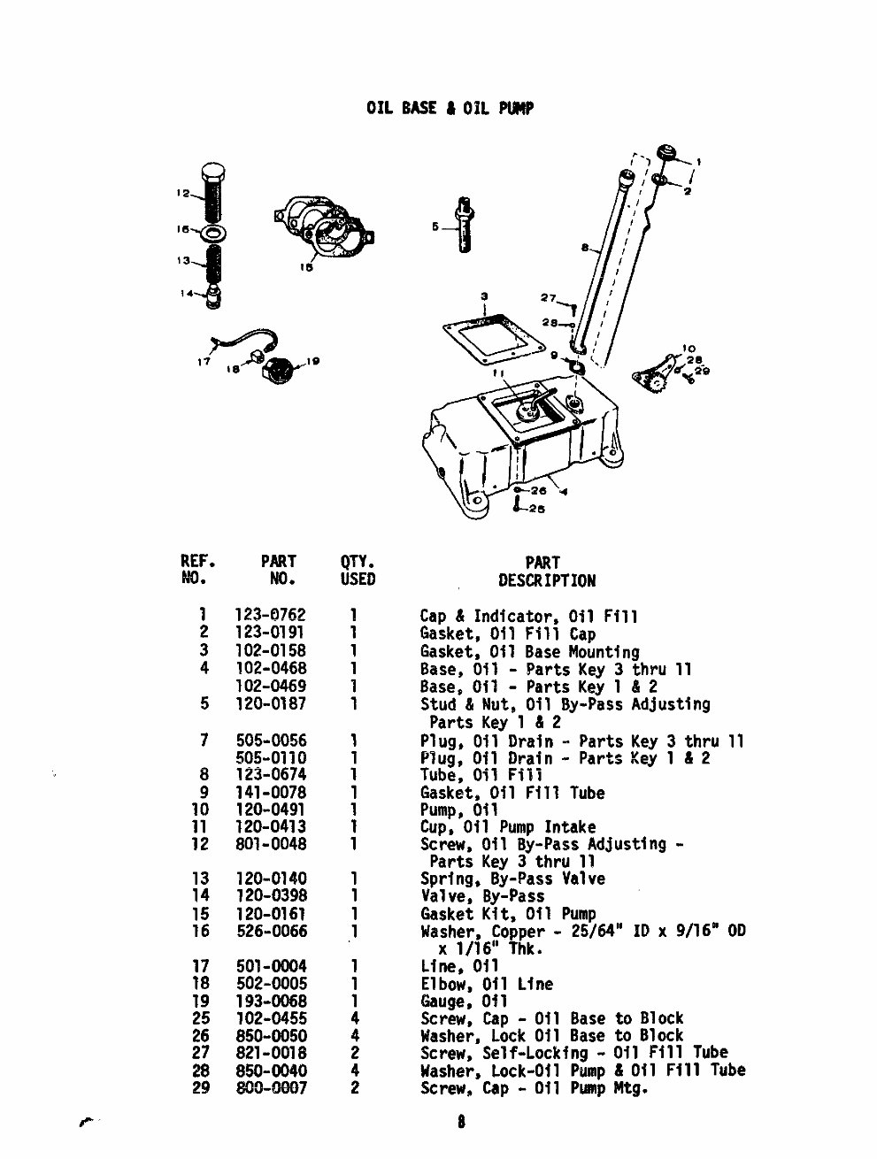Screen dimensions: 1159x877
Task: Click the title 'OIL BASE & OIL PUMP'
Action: pyautogui.click(x=450, y=109)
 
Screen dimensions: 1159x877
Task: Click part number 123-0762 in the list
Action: pyautogui.click(x=271, y=617)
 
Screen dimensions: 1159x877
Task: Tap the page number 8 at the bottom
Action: pyautogui.click(x=461, y=1124)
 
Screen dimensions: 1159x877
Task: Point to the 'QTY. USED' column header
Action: pyautogui.click(x=358, y=572)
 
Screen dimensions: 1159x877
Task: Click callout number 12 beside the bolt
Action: pyautogui.click(x=181, y=194)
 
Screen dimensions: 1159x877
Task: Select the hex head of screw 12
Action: pyautogui.click(x=213, y=173)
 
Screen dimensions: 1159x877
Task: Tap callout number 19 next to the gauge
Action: pyautogui.click(x=312, y=361)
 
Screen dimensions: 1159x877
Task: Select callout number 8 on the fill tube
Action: pyautogui.click(x=585, y=249)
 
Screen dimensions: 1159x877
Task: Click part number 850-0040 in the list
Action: pyautogui.click(x=271, y=1071)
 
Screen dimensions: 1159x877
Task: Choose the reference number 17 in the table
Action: pyautogui.click(x=201, y=967)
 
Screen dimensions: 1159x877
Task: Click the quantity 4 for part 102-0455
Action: pyautogui.click(x=355, y=1019)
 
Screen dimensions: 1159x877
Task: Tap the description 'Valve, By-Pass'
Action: pyautogui.click(x=481, y=897)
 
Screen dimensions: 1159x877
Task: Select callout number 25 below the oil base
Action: pyautogui.click(x=536, y=510)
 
